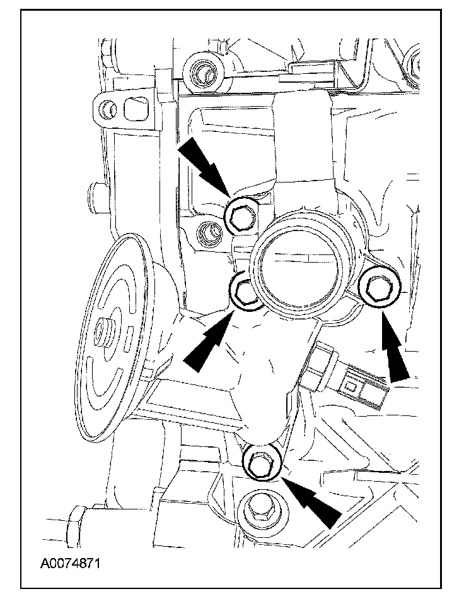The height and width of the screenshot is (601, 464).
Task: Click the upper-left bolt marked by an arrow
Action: click(x=240, y=217)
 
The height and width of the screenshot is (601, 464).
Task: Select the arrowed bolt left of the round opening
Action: click(x=243, y=292)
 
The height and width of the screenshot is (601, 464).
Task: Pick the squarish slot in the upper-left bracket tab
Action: click(x=135, y=109)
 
